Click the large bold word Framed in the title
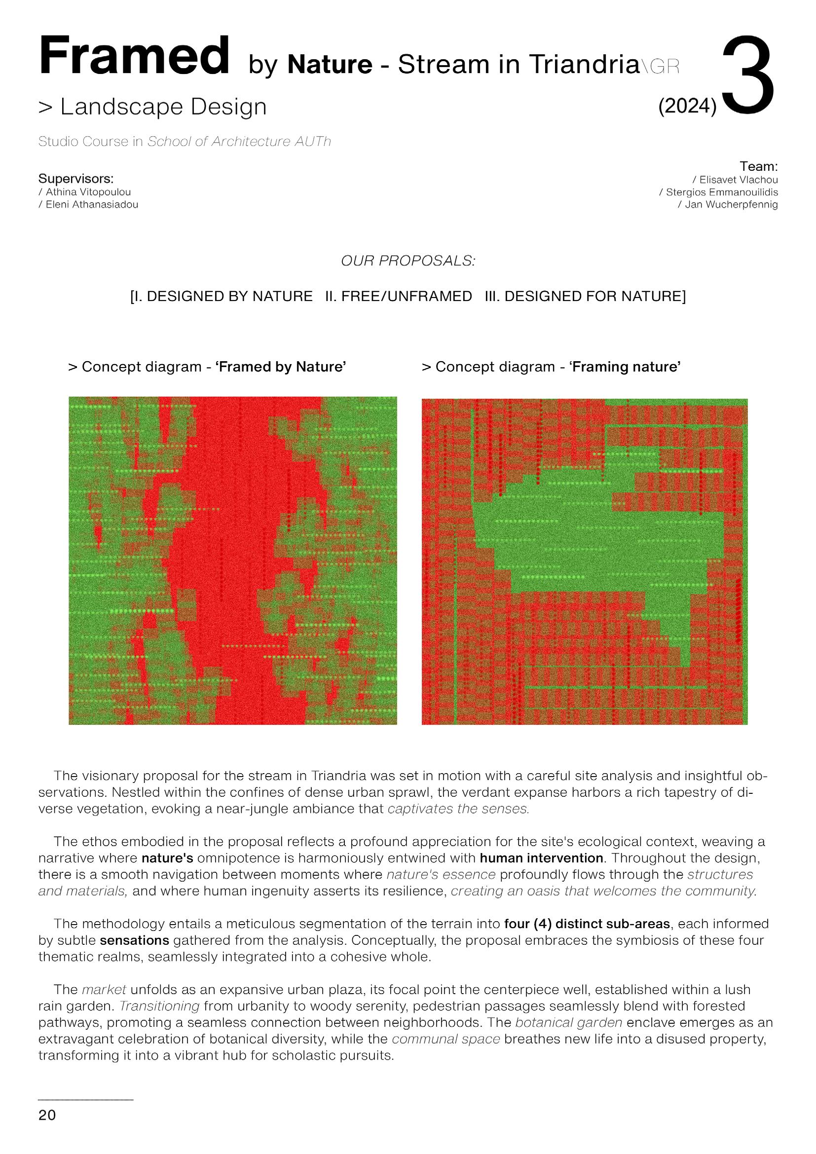(x=134, y=56)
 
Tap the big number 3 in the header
(x=747, y=75)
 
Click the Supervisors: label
(x=76, y=179)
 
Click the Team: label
(x=758, y=166)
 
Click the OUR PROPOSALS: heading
(x=408, y=261)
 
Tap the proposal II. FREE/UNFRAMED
(x=399, y=297)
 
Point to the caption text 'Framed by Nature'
(x=281, y=367)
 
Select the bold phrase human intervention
(x=541, y=858)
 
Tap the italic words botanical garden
(x=568, y=1022)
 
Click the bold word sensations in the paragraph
(x=134, y=940)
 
